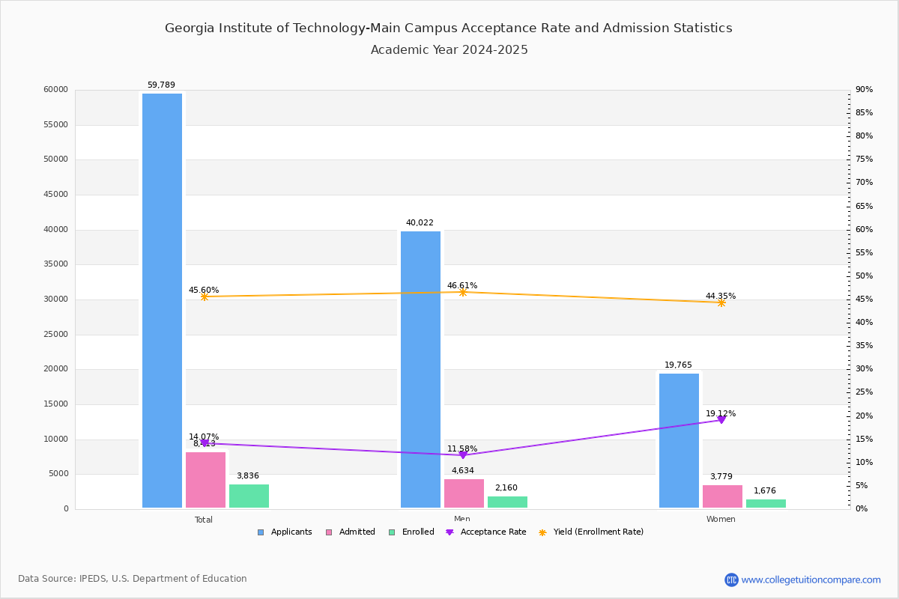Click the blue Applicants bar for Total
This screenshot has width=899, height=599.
point(162,299)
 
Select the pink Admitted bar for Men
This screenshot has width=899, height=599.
point(464,493)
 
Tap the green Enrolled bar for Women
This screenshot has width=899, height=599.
point(766,504)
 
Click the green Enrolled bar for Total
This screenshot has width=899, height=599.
point(249,496)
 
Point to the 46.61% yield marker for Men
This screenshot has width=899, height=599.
point(463,292)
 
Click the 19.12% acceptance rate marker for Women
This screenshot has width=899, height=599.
point(721,420)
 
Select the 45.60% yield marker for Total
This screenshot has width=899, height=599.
point(205,297)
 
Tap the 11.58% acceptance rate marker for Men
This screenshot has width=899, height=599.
point(463,455)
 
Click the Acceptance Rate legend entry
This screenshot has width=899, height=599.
point(486,532)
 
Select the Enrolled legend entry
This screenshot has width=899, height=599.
point(411,532)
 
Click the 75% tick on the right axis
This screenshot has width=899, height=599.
point(865,159)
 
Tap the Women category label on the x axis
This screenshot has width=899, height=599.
point(721,520)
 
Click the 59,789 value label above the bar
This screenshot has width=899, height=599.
point(161,85)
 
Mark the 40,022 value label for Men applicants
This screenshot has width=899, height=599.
point(420,223)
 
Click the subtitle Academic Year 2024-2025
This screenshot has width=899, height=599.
point(449,50)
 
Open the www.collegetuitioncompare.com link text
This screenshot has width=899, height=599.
point(811,580)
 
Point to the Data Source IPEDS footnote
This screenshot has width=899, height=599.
point(133,579)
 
